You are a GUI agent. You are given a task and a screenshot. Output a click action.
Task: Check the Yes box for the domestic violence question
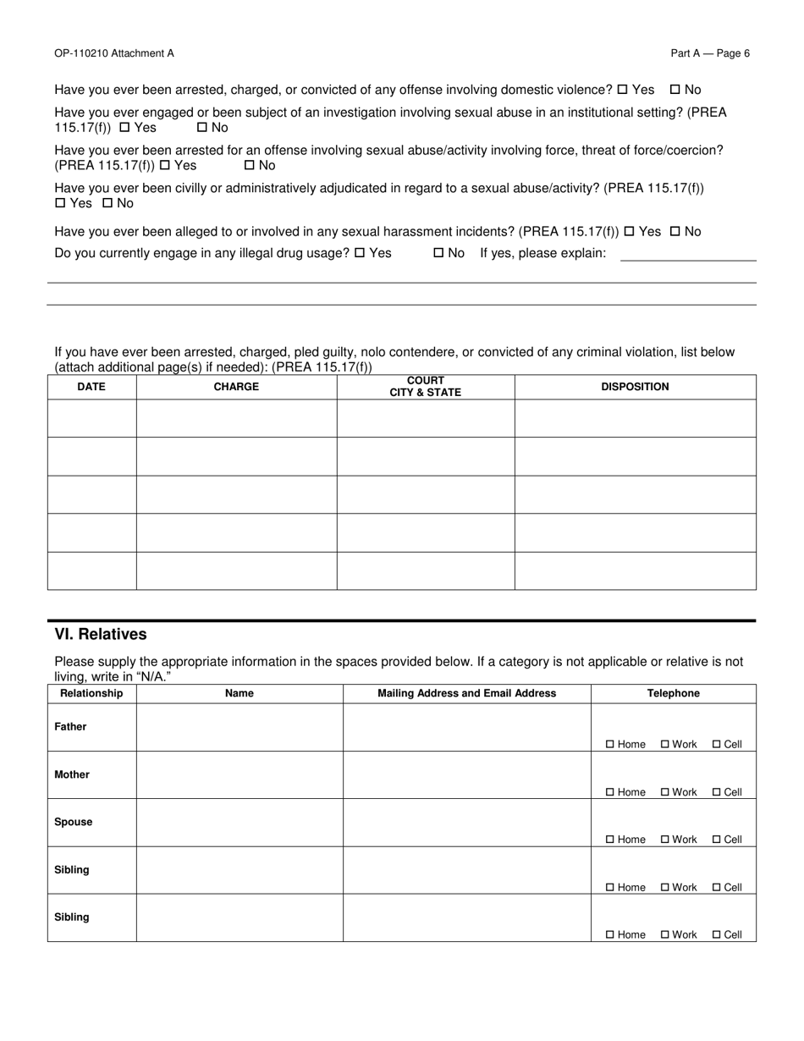click(623, 90)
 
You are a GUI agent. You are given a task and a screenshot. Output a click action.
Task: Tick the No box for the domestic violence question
click(675, 90)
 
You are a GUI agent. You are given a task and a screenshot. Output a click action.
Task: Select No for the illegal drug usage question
click(438, 253)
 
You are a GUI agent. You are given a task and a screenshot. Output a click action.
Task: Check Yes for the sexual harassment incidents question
click(629, 232)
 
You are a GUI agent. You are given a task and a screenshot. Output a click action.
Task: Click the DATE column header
click(91, 387)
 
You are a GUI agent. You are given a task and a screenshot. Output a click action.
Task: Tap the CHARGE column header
click(236, 387)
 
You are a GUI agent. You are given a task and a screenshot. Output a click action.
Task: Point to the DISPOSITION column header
click(635, 387)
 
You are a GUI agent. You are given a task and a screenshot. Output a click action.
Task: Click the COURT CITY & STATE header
click(425, 387)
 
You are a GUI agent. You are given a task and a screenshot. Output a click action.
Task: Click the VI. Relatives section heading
click(101, 635)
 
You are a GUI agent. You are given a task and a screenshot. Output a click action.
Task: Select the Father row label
click(70, 727)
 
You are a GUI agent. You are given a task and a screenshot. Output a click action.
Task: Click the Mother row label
click(72, 774)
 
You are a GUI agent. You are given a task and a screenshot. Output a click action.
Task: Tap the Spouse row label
click(74, 822)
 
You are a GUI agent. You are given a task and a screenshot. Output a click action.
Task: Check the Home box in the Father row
click(610, 745)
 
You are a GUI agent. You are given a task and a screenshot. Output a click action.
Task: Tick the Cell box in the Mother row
click(717, 792)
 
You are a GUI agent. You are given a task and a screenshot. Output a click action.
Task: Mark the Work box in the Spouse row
click(665, 840)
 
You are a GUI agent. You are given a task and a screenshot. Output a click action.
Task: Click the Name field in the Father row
click(240, 727)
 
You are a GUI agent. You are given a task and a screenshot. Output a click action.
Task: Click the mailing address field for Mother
click(466, 774)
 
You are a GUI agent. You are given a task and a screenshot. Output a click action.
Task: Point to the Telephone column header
click(674, 693)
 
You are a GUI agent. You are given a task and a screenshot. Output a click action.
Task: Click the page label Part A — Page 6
click(710, 53)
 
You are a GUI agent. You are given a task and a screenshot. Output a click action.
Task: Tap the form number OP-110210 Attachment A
click(114, 53)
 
